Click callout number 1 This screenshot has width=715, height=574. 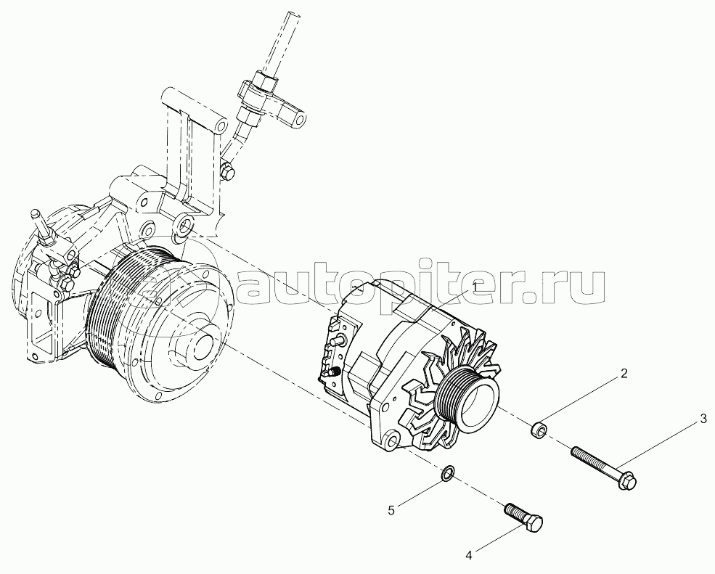[x=475, y=287]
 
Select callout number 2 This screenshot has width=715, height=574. [x=624, y=374]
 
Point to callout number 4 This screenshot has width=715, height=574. [x=469, y=555]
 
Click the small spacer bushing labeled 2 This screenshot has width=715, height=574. [x=538, y=430]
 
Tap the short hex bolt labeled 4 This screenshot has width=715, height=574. [x=524, y=517]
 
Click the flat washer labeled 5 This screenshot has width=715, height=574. [x=447, y=474]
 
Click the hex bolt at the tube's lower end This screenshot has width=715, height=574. [x=226, y=171]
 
